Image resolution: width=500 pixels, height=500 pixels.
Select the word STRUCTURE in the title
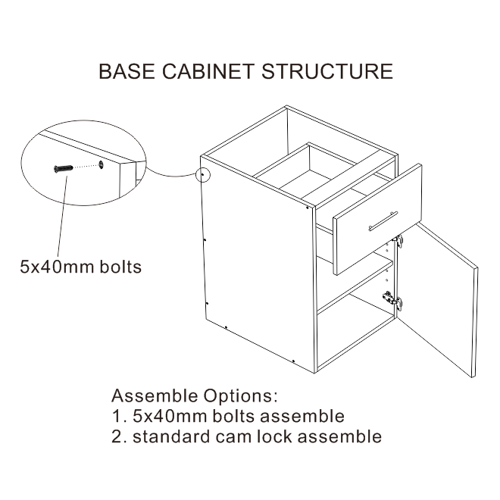tap(327, 72)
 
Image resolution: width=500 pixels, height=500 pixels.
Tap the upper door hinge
tap(398, 241)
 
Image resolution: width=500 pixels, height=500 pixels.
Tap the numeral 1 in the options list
tap(117, 417)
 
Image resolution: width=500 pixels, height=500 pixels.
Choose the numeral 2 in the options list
tap(117, 436)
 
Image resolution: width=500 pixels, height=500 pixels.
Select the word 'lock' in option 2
tap(283, 436)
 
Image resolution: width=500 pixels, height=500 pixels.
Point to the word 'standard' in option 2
tap(169, 436)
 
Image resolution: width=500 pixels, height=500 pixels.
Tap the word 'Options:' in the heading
tap(242, 397)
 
